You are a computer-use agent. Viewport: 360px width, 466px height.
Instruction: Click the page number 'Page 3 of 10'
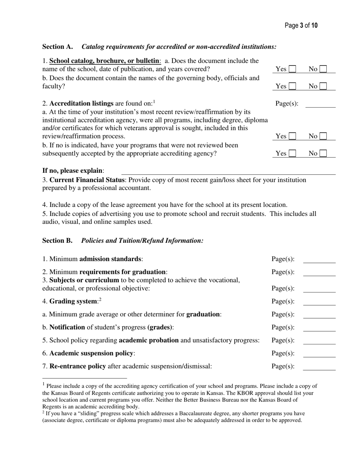tap(301, 26)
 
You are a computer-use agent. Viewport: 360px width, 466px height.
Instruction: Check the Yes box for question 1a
tap(292, 69)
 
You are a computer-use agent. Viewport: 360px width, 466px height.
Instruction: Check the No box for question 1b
tap(323, 86)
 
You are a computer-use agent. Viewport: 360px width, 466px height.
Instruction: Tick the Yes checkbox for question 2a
tap(292, 136)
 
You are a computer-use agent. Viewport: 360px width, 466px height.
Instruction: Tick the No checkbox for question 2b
tap(323, 153)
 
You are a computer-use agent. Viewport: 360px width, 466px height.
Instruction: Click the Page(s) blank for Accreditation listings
tap(320, 104)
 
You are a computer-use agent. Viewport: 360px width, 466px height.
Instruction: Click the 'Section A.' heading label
tap(58, 47)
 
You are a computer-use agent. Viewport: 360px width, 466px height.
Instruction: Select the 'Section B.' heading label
tap(57, 241)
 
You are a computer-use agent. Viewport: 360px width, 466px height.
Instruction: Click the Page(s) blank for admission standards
tap(319, 259)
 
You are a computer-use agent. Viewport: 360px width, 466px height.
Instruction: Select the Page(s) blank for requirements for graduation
tap(319, 272)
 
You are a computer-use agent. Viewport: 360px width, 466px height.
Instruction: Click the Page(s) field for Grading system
tap(319, 302)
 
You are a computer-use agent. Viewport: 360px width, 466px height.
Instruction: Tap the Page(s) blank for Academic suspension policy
tap(319, 353)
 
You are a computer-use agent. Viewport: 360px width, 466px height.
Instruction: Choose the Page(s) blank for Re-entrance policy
tap(319, 366)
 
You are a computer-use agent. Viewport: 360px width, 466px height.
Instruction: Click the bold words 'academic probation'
tap(149, 340)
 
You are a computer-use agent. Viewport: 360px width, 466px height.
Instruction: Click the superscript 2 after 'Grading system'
tap(100, 300)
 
